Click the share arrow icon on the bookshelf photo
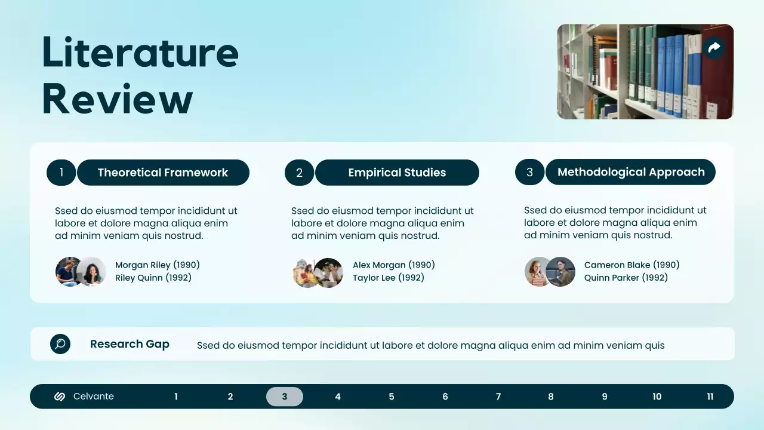point(714,48)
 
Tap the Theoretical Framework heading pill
point(163,173)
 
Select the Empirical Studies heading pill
point(397,173)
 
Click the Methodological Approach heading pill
point(630,172)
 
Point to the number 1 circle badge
point(61,173)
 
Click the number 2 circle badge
point(299,173)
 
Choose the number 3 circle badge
point(529,172)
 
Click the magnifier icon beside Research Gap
point(60,344)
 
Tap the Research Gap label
point(130,344)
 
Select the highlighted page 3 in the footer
point(284,397)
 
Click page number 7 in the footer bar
point(498,397)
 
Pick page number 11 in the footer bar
point(710,397)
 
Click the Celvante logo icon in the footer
point(60,397)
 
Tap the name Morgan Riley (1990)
point(158,265)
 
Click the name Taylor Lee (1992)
point(388,278)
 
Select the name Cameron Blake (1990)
point(631,265)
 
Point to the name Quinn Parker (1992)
point(626,278)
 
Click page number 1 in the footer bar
point(176,397)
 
